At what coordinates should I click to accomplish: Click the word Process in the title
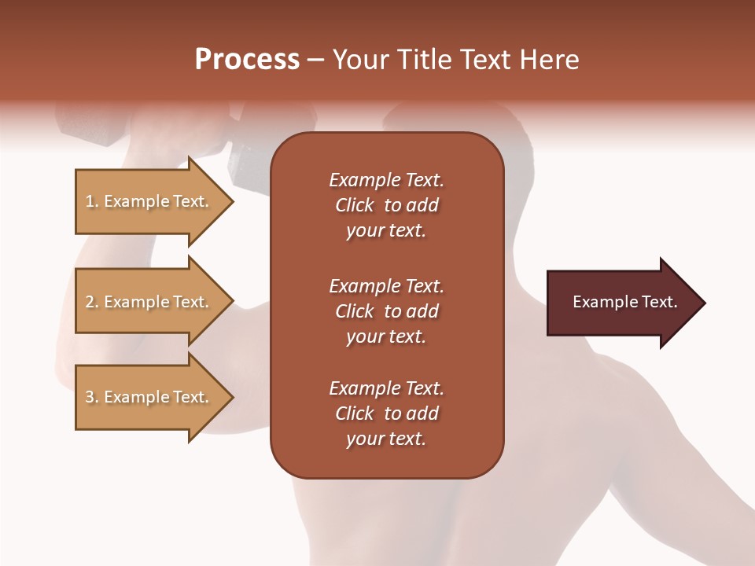tap(247, 60)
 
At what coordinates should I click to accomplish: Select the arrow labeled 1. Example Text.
tap(149, 201)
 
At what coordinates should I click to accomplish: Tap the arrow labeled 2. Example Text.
tap(149, 302)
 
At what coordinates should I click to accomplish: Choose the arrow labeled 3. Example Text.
tap(149, 397)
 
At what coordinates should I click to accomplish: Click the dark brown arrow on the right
tap(621, 303)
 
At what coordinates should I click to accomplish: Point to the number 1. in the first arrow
tap(92, 201)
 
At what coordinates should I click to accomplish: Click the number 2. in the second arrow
tap(92, 302)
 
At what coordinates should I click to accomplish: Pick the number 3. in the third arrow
tap(92, 397)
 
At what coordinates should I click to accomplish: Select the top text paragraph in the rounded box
tap(386, 205)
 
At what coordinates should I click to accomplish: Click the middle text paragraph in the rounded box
tap(386, 311)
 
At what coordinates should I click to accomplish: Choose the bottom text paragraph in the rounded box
tap(386, 413)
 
